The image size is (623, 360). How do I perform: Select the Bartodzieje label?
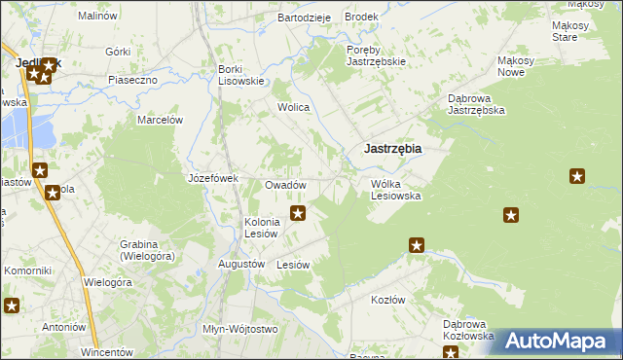305,18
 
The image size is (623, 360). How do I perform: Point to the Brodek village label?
361,18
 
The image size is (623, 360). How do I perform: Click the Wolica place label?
293,107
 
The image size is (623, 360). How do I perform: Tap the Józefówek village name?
212,179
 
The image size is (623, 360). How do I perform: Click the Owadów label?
286,185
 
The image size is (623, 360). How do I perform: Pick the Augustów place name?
241,264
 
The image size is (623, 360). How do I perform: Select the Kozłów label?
387,300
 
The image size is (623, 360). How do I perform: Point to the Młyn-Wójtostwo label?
239,329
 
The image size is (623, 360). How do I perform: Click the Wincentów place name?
106,350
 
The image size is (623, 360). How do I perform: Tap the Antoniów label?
64,327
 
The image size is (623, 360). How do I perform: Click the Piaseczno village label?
132,80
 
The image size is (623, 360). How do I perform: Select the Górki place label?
118,51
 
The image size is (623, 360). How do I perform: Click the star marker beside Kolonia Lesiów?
299,212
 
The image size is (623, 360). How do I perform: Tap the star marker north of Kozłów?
417,245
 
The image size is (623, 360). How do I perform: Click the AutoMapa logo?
559,341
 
